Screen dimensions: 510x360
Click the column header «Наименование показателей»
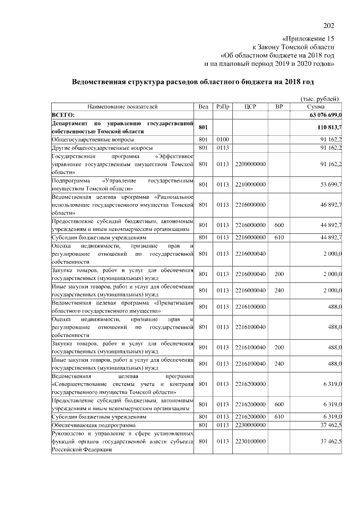[122, 106]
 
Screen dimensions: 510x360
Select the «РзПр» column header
[223, 106]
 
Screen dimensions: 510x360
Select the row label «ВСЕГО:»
[63, 114]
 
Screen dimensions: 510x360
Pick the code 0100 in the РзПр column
[223, 139]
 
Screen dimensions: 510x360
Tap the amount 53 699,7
[331, 184]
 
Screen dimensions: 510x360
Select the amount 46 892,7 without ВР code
[331, 205]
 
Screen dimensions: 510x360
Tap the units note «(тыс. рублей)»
[321, 98]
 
